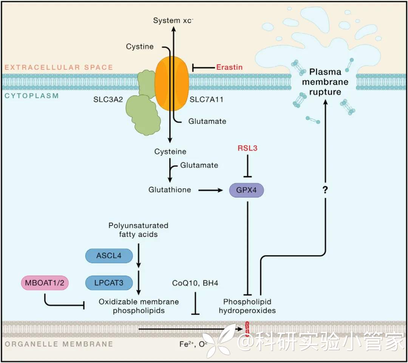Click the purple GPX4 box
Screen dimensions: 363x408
click(x=246, y=190)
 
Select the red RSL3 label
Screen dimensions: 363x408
click(x=247, y=148)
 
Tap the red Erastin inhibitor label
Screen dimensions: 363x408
click(x=229, y=67)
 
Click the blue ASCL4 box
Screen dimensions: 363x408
click(x=109, y=256)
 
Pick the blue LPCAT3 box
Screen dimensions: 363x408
click(x=109, y=282)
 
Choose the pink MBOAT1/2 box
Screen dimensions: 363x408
click(x=45, y=282)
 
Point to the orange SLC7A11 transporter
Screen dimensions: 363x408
click(x=172, y=83)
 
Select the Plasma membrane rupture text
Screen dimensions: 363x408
click(x=325, y=82)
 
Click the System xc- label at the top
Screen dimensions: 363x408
click(x=173, y=20)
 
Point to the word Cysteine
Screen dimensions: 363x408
click(x=170, y=152)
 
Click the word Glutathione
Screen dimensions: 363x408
click(x=170, y=190)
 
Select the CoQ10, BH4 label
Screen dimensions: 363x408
click(x=195, y=283)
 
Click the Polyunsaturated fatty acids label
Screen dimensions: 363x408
click(x=138, y=230)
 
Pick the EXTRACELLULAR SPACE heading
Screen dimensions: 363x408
click(x=59, y=67)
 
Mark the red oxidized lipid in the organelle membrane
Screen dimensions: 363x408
click(x=247, y=328)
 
